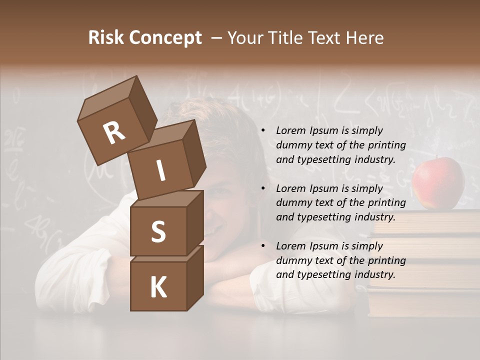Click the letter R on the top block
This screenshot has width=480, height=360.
click(114, 133)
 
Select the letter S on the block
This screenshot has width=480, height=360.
click(158, 231)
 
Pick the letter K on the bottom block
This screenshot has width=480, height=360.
click(158, 287)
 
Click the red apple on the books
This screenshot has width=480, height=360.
click(437, 183)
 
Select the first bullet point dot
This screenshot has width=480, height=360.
click(263, 131)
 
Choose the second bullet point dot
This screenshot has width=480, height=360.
click(263, 188)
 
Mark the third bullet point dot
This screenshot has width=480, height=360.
click(263, 246)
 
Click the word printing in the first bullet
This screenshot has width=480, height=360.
click(387, 145)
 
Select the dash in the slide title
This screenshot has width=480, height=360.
click(216, 38)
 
